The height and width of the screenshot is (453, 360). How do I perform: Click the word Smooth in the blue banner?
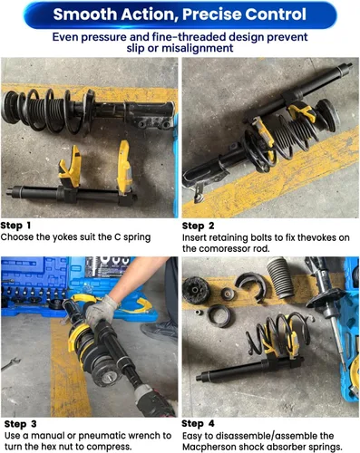click(x=84, y=14)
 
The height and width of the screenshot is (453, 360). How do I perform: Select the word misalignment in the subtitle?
click(x=198, y=48)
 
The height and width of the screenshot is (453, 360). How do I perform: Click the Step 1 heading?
click(x=15, y=226)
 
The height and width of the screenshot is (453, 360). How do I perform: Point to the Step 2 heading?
click(x=198, y=226)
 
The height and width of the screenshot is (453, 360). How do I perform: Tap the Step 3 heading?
click(x=21, y=424)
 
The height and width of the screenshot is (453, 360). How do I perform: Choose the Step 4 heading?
click(x=198, y=424)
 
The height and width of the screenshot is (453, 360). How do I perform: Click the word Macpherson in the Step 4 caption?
click(x=209, y=447)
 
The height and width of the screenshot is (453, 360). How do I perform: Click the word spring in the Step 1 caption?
click(x=137, y=237)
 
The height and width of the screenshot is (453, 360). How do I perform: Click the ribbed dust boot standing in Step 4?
click(x=280, y=277)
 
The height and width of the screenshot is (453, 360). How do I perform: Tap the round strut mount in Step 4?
click(x=196, y=290)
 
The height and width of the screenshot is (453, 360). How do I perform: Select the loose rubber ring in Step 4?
click(x=219, y=316)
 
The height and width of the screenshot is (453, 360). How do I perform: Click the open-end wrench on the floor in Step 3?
click(x=10, y=363)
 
